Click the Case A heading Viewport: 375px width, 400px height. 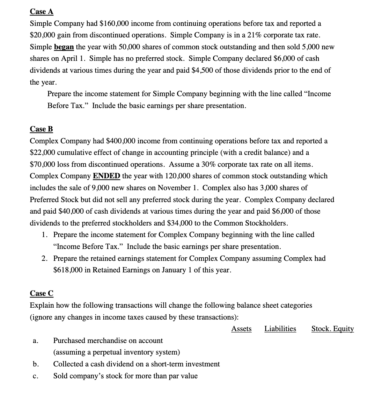tap(42, 12)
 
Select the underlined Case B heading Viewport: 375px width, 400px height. tap(41, 129)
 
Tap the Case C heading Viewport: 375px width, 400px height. tap(42, 293)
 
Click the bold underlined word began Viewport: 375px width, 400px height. tap(64, 47)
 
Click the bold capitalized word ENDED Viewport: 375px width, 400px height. tap(106, 176)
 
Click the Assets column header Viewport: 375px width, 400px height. tap(241, 329)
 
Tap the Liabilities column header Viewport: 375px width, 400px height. tap(280, 329)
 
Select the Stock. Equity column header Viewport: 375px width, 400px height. tap(332, 329)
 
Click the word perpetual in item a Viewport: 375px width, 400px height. tap(103, 352)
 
